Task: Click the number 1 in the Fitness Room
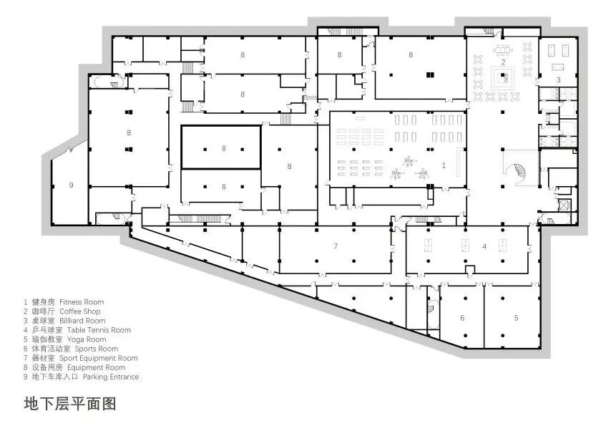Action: [x=444, y=165]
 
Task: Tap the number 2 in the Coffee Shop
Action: [x=503, y=62]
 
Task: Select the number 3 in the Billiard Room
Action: [x=558, y=79]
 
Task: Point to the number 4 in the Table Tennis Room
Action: [x=484, y=246]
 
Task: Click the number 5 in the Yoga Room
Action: [x=516, y=318]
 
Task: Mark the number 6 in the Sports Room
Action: [x=462, y=318]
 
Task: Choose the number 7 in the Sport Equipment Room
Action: [x=336, y=246]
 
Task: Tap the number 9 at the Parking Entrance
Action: [x=71, y=185]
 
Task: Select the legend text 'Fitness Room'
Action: [x=82, y=302]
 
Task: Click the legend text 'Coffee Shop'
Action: [x=80, y=311]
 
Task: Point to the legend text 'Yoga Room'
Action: [x=87, y=339]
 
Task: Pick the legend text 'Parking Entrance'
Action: [x=111, y=377]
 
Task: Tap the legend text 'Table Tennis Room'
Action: [x=99, y=330]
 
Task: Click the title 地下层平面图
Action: [x=70, y=403]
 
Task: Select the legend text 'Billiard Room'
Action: [x=82, y=321]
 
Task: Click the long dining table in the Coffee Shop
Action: [x=503, y=50]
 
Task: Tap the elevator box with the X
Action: [x=564, y=205]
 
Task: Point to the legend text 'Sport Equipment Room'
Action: [x=99, y=358]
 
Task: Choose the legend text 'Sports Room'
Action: [x=97, y=349]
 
